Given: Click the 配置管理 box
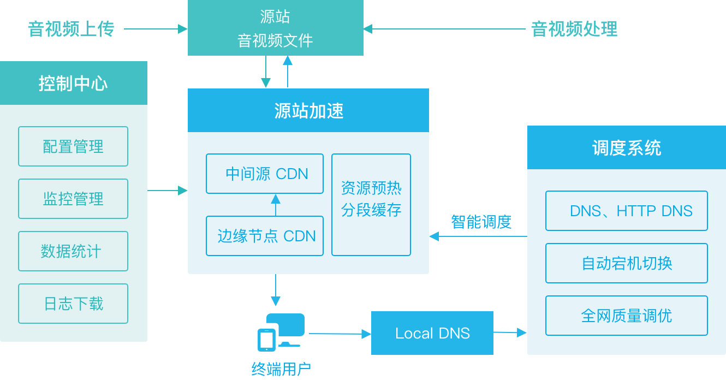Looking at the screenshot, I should click(73, 146).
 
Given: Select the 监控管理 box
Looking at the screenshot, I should click(73, 199).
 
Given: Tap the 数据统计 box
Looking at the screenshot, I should click(73, 251).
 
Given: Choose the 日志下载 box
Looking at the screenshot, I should click(73, 304).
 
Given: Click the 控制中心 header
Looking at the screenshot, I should click(73, 83).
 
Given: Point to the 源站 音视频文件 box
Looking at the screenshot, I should click(275, 28).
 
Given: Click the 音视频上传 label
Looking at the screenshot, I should click(71, 29).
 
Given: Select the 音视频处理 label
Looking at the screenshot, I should click(574, 29).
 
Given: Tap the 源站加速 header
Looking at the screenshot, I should click(308, 111).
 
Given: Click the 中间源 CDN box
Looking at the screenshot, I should click(265, 174).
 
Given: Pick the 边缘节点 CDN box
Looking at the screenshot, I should click(265, 236).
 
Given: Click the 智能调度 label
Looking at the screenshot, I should click(481, 222).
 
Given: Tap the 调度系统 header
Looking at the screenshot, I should click(626, 148).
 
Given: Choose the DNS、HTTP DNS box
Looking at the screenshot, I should click(627, 211).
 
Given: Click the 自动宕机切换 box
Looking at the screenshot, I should click(627, 263).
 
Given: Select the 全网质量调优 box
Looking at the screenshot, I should click(627, 316).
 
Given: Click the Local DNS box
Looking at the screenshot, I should click(432, 333).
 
